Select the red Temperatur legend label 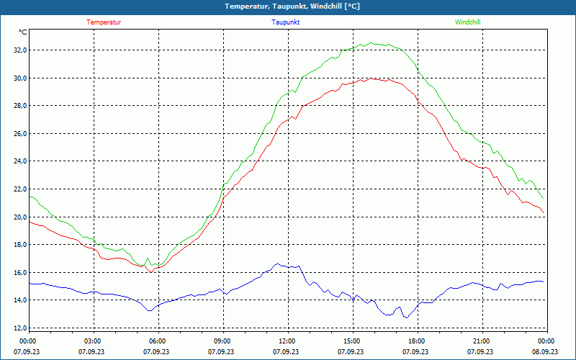(x=104, y=22)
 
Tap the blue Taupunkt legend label (x=286, y=22)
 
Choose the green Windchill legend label (x=467, y=22)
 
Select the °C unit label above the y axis (x=23, y=32)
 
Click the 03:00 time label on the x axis (x=93, y=341)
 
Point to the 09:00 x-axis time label (x=222, y=341)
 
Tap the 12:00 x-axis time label (x=287, y=341)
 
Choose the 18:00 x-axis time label (x=417, y=341)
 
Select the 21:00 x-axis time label (x=482, y=341)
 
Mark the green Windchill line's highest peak (x=370, y=42)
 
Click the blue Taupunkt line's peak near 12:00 (x=276, y=264)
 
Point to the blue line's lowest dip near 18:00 (x=407, y=318)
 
